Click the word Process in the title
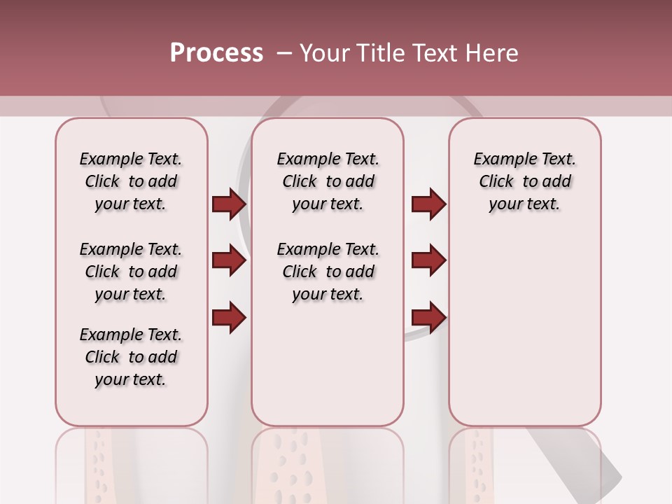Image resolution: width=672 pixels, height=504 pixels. coord(216,52)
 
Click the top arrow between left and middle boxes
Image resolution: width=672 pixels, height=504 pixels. coord(229,204)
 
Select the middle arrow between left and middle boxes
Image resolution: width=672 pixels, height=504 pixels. coord(229,260)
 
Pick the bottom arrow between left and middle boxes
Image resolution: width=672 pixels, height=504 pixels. coord(229,317)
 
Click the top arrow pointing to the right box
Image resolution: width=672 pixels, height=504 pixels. coord(428,204)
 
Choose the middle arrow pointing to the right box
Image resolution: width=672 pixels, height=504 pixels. coord(428,260)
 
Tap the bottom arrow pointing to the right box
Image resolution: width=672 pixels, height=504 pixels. coord(428,317)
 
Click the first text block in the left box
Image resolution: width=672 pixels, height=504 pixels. coord(131,181)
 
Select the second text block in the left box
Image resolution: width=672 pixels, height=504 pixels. coord(131,272)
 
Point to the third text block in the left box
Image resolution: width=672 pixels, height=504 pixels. coord(131,357)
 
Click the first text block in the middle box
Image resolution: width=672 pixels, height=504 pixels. coord(328,181)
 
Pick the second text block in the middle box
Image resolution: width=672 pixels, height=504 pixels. coord(328,272)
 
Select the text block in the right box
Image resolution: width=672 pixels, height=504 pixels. coord(525,181)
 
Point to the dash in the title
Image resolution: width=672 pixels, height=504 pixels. coord(284,53)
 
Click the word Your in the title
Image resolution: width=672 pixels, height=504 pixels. coord(323,53)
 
